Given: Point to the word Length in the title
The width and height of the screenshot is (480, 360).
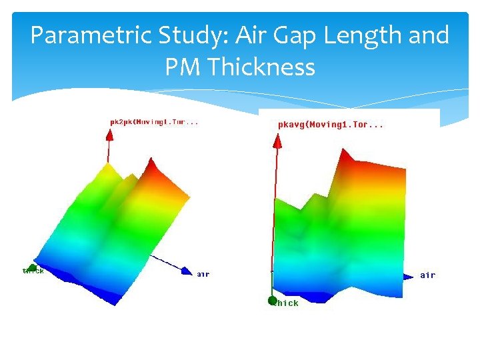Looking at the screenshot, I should [x=363, y=36].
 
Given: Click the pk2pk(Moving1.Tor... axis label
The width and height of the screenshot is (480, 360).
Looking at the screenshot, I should [x=154, y=122].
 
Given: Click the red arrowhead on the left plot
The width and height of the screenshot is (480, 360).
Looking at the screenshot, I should [x=109, y=135].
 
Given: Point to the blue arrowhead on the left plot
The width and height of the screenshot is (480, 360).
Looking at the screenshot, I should [x=185, y=271].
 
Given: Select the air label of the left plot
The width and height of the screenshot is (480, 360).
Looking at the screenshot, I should [x=203, y=273].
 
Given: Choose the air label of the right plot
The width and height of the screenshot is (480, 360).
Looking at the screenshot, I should [x=427, y=275].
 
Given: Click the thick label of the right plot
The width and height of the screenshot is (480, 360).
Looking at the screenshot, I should [x=287, y=303].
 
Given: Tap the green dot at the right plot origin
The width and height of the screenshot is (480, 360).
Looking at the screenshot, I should [x=272, y=301].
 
